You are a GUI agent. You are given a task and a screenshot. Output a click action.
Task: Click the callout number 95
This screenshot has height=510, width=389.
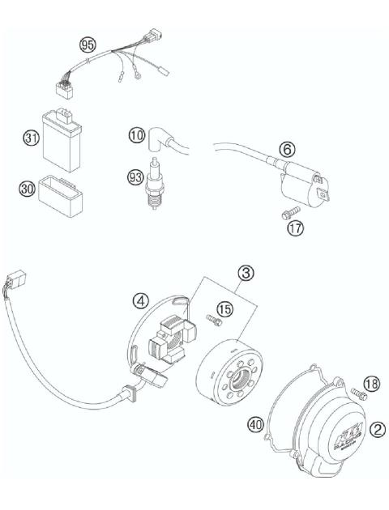(x=87, y=42)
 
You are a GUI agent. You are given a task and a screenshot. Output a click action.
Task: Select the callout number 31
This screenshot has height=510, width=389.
(x=32, y=139)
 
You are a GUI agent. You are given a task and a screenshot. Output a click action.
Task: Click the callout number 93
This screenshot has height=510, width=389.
(x=135, y=175)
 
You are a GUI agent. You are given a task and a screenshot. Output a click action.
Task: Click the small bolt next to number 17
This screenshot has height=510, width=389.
(x=285, y=215)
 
